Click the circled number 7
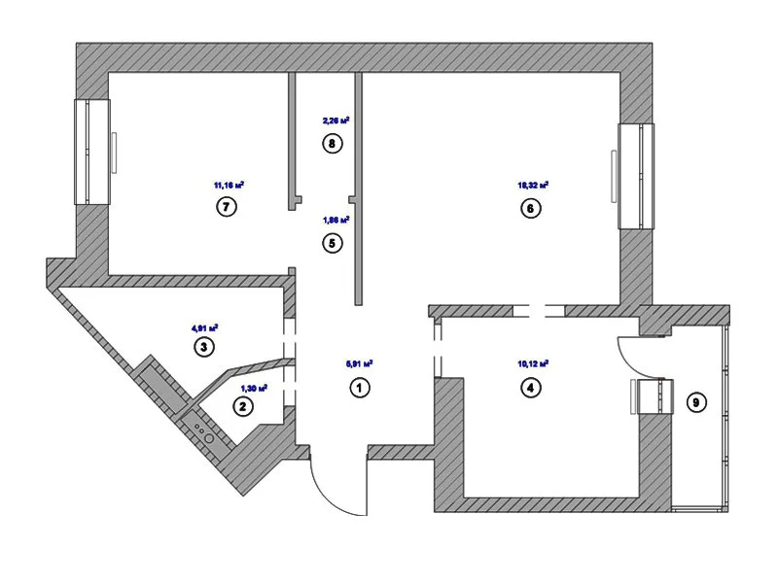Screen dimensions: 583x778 [x=227, y=207]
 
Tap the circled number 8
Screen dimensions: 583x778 [x=333, y=145]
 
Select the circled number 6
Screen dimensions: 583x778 [x=531, y=208]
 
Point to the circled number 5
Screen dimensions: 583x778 [x=333, y=243]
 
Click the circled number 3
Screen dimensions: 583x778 [x=203, y=347]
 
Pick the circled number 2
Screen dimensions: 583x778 [x=240, y=408]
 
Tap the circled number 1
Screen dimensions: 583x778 [x=359, y=388]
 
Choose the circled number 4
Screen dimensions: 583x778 [x=531, y=388]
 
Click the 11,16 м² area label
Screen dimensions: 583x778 [x=228, y=184]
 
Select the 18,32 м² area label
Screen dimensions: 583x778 [x=533, y=184]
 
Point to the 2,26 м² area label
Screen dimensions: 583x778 [x=335, y=121]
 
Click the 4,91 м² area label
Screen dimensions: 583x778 [x=204, y=327]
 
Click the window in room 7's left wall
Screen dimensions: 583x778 [x=90, y=152]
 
